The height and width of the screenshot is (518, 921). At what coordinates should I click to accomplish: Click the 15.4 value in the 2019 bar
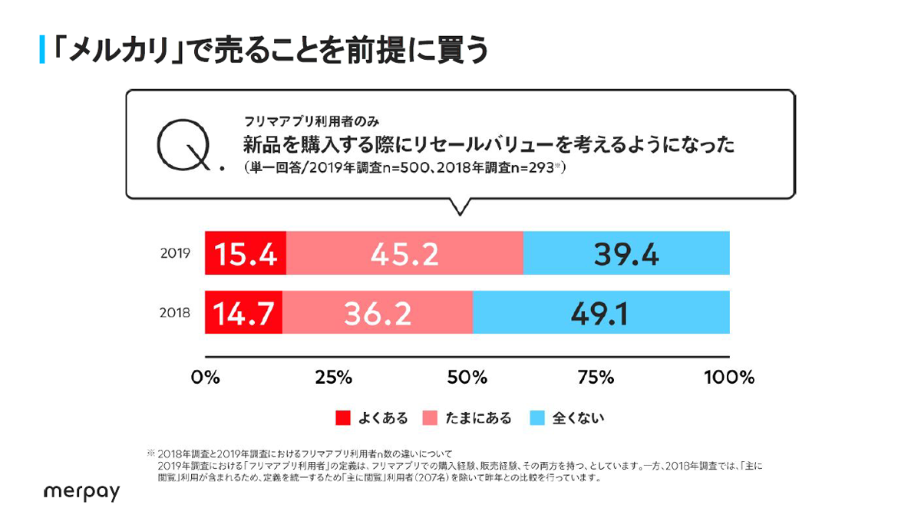[x=245, y=252]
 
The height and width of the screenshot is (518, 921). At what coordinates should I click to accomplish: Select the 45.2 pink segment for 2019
[x=404, y=252]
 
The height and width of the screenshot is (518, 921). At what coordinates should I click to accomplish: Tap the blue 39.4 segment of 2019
[x=626, y=252]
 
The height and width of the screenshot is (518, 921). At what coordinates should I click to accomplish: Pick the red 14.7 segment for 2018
[x=243, y=312]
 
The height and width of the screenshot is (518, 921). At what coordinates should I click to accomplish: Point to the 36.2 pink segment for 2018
[x=378, y=312]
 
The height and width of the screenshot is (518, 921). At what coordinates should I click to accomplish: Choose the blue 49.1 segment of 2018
[x=601, y=312]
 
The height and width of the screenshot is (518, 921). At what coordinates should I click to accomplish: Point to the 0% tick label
[x=205, y=378]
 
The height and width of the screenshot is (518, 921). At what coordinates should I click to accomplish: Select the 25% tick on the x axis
[x=335, y=378]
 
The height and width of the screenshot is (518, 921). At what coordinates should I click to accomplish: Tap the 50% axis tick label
[x=467, y=378]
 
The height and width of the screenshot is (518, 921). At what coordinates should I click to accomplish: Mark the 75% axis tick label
[x=597, y=378]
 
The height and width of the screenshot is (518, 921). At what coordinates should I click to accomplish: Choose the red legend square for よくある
[x=342, y=418]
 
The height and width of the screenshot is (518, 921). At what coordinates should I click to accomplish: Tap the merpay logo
[x=81, y=492]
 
